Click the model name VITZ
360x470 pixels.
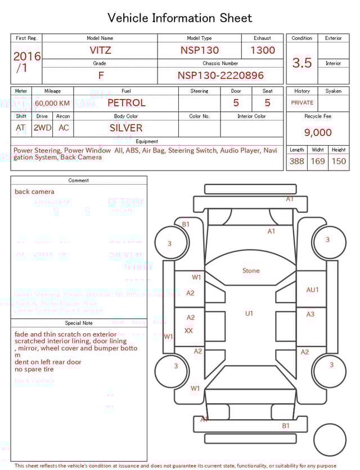pyautogui.click(x=100, y=50)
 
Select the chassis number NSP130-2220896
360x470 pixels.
pyautogui.click(x=220, y=75)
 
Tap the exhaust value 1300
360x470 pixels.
pyautogui.click(x=263, y=50)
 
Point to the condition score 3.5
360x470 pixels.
pyautogui.click(x=301, y=62)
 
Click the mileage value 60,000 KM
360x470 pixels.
pyautogui.click(x=52, y=104)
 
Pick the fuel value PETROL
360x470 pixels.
pyautogui.click(x=126, y=103)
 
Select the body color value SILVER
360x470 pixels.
pyautogui.click(x=126, y=128)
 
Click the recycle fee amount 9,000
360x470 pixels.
pyautogui.click(x=318, y=133)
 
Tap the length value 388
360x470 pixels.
pyautogui.click(x=296, y=162)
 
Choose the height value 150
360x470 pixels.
pyautogui.click(x=339, y=162)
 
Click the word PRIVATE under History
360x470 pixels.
pyautogui.click(x=302, y=103)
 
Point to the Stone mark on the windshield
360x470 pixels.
pyautogui.click(x=251, y=271)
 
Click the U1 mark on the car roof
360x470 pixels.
pyautogui.click(x=249, y=314)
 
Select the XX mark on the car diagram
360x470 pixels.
pyautogui.click(x=189, y=331)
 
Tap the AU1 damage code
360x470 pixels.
pyautogui.click(x=312, y=290)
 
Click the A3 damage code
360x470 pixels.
pyautogui.click(x=310, y=314)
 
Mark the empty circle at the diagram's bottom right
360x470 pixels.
pyautogui.click(x=330, y=440)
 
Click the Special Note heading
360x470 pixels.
pyautogui.click(x=79, y=323)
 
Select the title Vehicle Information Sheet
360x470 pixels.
pyautogui.click(x=180, y=18)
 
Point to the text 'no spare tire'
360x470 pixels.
pyautogui.click(x=34, y=369)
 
